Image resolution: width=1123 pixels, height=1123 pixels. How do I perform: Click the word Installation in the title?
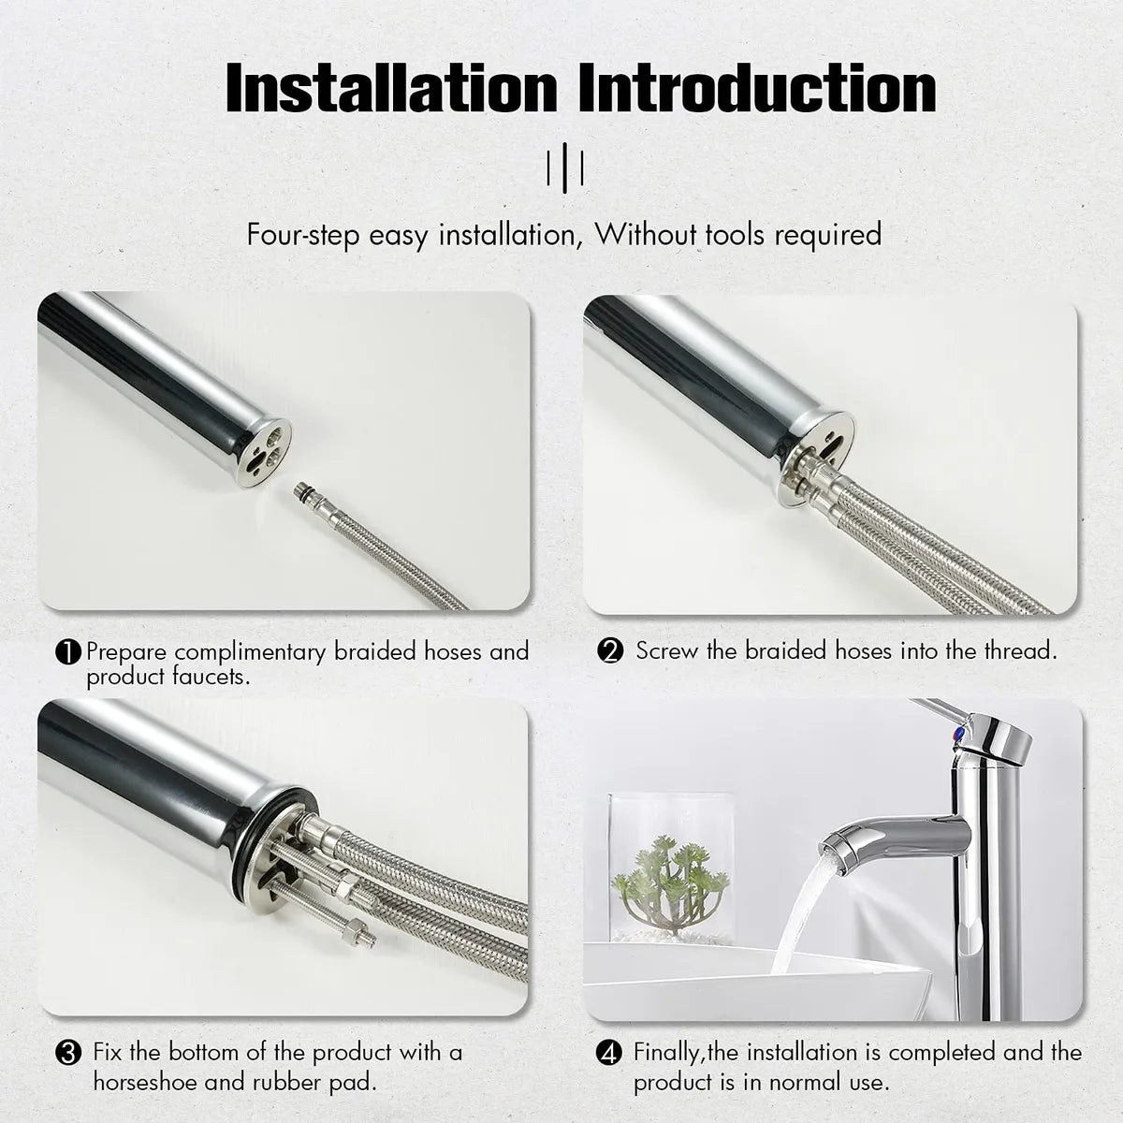point(391,88)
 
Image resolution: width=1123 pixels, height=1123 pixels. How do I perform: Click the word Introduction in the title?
point(757,88)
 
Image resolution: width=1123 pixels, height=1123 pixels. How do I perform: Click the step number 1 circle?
point(68,652)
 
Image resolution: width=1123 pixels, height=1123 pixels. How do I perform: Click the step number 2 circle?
point(610,651)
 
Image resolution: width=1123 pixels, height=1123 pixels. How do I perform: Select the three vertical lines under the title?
point(565,168)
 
